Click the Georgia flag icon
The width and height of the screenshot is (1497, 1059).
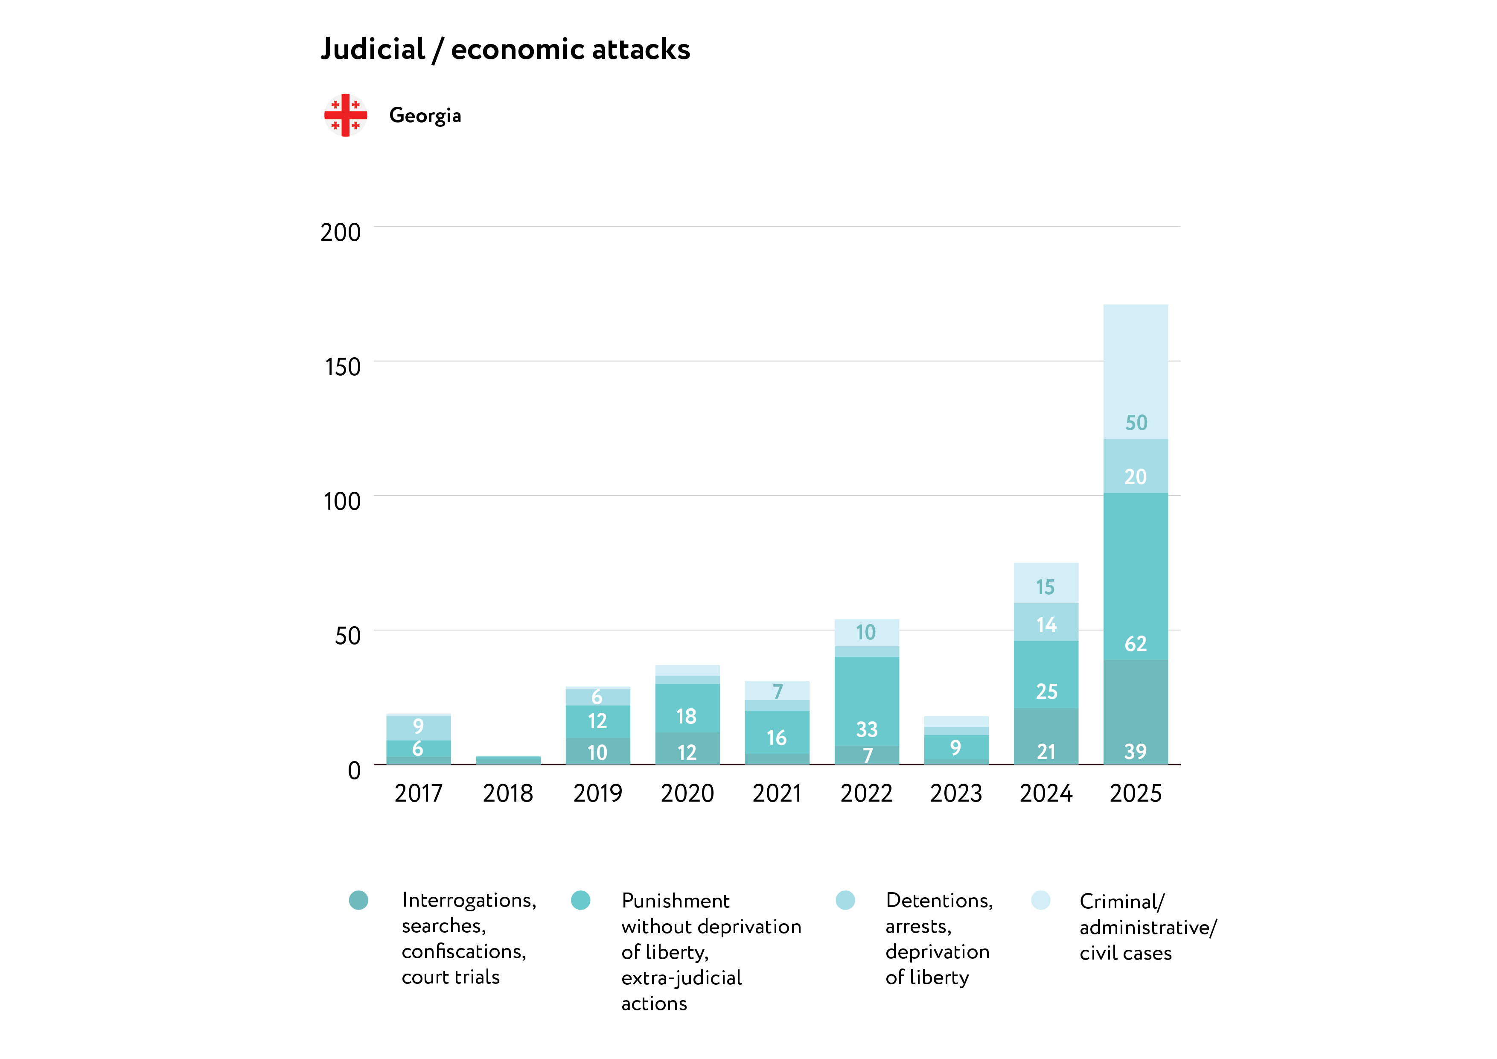click(346, 115)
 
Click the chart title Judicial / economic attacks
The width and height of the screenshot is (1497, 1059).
click(505, 50)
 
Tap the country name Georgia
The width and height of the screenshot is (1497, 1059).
click(425, 115)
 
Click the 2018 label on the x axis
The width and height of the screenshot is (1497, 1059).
click(508, 794)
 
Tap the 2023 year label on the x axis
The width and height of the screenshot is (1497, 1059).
click(956, 794)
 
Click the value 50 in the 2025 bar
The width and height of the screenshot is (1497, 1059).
click(1136, 423)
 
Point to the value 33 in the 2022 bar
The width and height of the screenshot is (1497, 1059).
click(867, 729)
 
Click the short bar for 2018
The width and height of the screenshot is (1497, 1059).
click(508, 760)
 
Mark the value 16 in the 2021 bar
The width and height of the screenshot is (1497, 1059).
click(777, 738)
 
